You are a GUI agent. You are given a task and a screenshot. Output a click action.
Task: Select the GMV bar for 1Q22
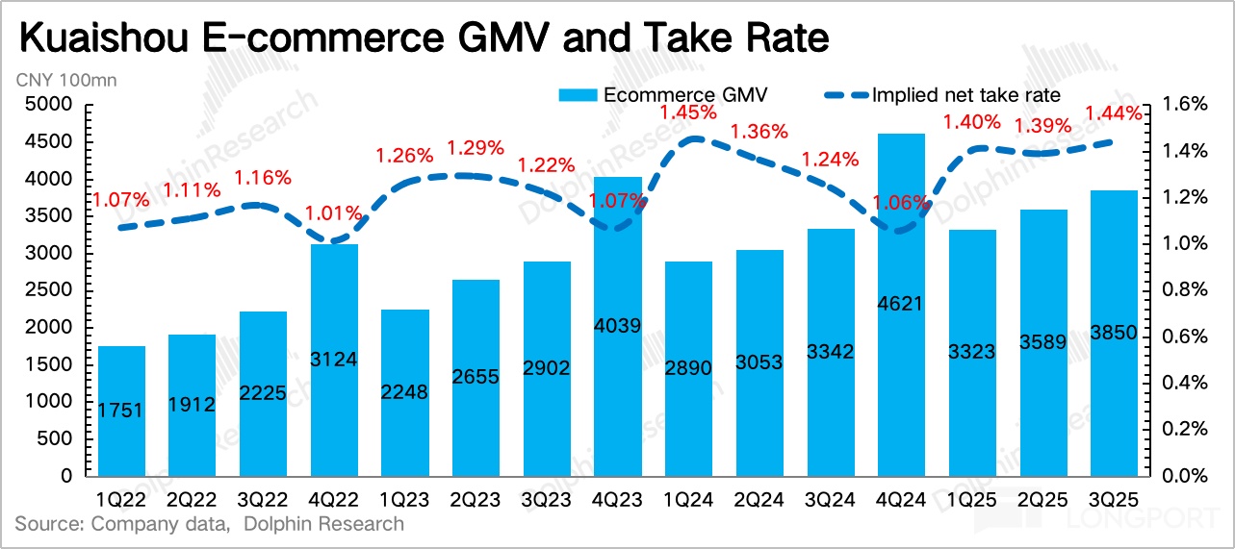point(121,411)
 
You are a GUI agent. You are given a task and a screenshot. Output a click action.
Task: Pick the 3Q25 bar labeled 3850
point(1114,333)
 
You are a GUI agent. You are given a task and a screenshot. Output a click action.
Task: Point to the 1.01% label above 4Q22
point(334,212)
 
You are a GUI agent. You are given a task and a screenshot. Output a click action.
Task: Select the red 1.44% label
point(1114,113)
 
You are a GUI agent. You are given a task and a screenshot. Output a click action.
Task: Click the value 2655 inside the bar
point(476,376)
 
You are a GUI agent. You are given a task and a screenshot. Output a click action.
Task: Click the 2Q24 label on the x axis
point(759,500)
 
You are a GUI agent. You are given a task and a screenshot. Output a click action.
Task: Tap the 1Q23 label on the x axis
point(404,500)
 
